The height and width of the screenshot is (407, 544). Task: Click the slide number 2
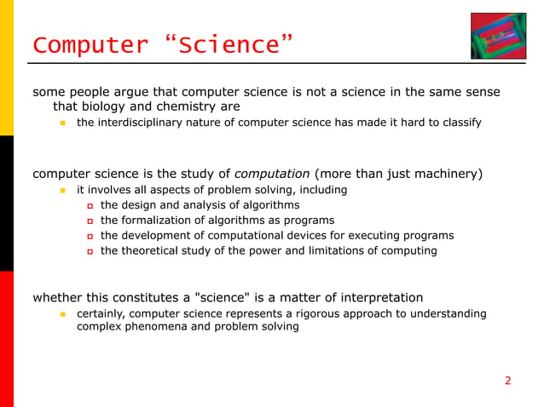tap(508, 381)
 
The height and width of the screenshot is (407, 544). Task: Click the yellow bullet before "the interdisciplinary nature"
tap(62, 123)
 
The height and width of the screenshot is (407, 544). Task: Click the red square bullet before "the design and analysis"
tap(88, 206)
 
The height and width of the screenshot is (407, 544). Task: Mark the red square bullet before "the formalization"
tap(88, 221)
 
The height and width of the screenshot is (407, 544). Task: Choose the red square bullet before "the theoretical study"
tap(88, 252)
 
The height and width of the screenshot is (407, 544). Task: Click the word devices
tap(303, 236)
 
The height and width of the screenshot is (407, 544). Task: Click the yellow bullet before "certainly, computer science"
tap(62, 315)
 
